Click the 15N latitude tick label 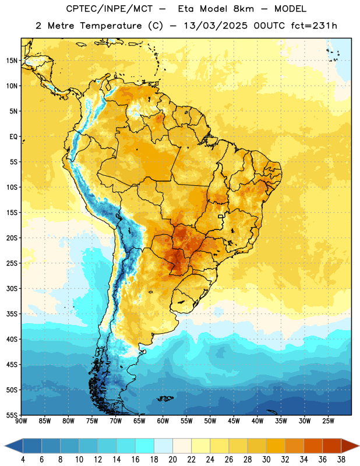[12, 61]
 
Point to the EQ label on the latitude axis [13, 137]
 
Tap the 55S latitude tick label [12, 415]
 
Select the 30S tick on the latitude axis [12, 288]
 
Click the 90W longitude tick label [22, 421]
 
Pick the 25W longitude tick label [328, 421]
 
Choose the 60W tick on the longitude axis [163, 421]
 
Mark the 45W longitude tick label [234, 421]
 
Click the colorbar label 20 [172, 460]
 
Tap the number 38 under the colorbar [341, 460]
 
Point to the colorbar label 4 [23, 460]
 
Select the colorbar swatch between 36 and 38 [332, 446]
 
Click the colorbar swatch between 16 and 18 [145, 446]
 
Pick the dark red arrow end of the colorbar [350, 446]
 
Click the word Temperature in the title [111, 26]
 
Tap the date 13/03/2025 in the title [216, 26]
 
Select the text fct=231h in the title [314, 26]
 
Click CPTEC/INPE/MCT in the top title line [110, 9]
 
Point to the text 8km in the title [243, 9]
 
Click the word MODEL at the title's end [290, 9]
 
